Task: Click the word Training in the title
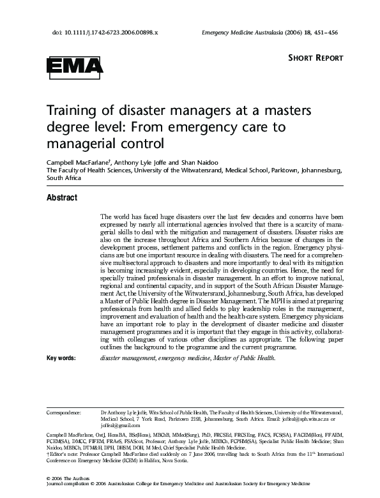pyautogui.click(x=71, y=111)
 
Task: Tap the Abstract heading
pyautogui.click(x=62, y=197)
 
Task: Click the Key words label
pyautogui.click(x=61, y=358)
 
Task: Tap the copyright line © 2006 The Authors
pyautogui.click(x=68, y=478)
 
